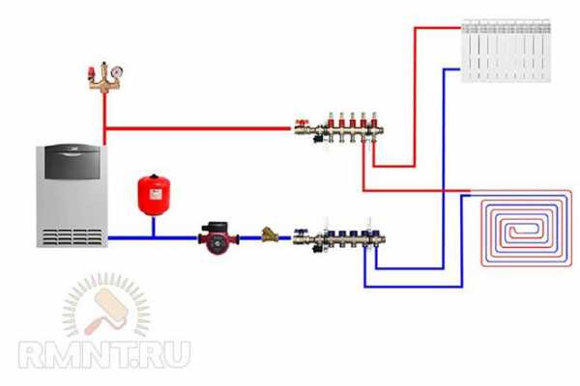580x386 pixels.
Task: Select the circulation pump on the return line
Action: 218,236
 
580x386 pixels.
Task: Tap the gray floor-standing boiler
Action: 69,197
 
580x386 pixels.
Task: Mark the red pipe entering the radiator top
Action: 435,28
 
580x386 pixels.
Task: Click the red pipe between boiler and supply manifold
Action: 193,127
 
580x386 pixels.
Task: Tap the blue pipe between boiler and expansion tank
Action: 130,237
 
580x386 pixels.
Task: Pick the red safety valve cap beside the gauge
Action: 92,69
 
